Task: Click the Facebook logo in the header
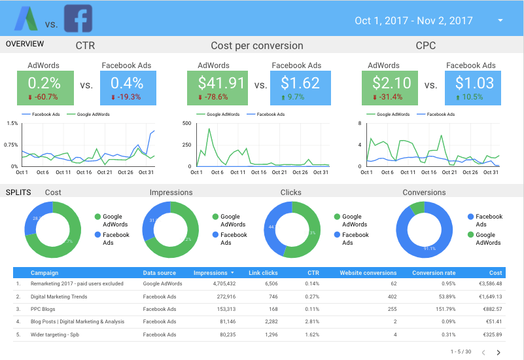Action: point(78,19)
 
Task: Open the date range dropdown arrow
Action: point(500,20)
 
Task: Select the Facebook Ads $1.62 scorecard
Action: point(300,88)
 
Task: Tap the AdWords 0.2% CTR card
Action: point(44,88)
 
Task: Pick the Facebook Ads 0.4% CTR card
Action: point(126,88)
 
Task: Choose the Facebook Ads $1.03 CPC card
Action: point(472,88)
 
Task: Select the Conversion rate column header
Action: point(434,273)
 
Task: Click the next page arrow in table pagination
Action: point(498,352)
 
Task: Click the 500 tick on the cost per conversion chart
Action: point(186,123)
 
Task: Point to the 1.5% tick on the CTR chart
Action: point(12,123)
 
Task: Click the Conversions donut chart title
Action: point(423,192)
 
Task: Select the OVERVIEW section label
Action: point(25,44)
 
